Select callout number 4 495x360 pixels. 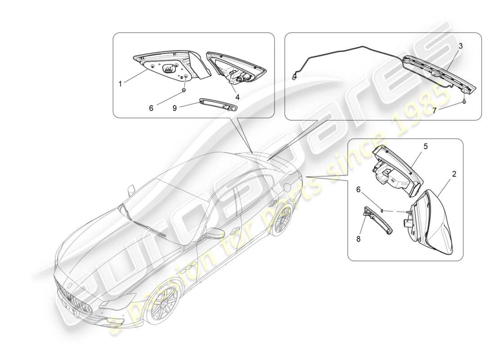coord(237,96)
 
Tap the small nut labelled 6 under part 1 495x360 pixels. coord(184,90)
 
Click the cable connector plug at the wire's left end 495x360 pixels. coord(295,76)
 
